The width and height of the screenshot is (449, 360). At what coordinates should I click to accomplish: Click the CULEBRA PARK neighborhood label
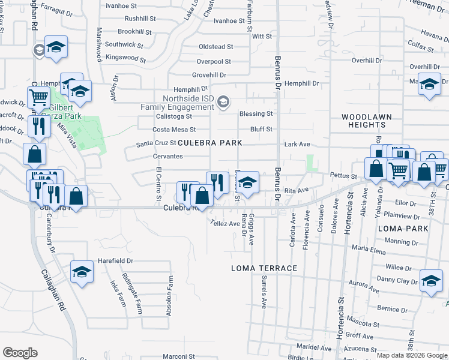(x=209, y=143)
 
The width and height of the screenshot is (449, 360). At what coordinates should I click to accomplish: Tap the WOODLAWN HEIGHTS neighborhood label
(x=363, y=121)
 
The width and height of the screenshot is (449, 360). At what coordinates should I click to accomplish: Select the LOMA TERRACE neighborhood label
(x=264, y=268)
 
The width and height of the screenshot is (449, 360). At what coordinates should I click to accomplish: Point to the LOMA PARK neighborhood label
(x=403, y=229)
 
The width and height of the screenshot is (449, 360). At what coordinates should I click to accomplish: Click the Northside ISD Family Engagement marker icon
(x=223, y=102)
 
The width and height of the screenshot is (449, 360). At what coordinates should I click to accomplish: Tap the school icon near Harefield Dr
(x=82, y=272)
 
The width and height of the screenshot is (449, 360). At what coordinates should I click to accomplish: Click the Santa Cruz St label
(x=155, y=144)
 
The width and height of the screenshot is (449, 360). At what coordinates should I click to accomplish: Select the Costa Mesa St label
(x=174, y=129)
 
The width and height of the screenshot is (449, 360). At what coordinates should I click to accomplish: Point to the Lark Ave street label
(x=297, y=145)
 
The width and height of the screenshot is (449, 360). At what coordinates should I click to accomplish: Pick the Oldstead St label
(x=215, y=46)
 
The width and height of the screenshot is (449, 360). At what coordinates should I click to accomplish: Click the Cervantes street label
(x=167, y=156)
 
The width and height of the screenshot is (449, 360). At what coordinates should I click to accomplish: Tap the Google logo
(x=20, y=353)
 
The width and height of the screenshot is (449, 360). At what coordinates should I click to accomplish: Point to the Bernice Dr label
(x=393, y=309)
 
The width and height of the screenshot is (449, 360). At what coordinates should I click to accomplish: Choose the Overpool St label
(x=214, y=61)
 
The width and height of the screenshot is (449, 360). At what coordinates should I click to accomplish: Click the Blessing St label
(x=256, y=113)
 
